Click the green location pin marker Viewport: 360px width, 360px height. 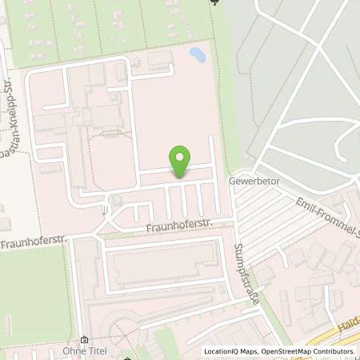[181, 162]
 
